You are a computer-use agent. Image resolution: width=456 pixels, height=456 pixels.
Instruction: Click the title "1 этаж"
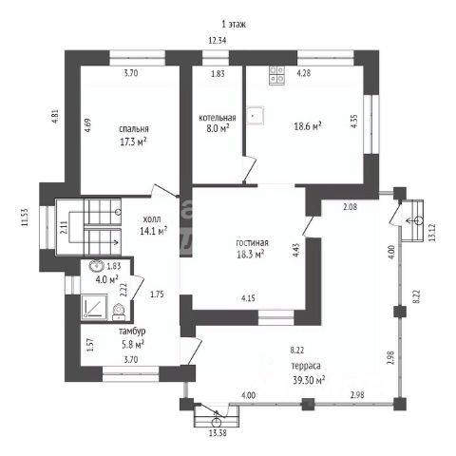pyautogui.click(x=234, y=24)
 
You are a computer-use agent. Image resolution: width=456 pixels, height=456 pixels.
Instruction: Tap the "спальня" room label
pyautogui.click(x=134, y=129)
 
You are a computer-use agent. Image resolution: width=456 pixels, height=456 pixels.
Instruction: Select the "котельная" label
pyautogui.click(x=218, y=118)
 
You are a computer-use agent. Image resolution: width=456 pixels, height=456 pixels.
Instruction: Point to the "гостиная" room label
pyautogui.click(x=253, y=243)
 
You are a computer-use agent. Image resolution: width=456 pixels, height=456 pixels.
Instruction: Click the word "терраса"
pyautogui.click(x=306, y=366)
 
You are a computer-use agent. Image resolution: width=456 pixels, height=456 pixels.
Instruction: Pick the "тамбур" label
pyautogui.click(x=132, y=332)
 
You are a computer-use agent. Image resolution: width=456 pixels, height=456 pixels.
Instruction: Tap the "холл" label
pyautogui.click(x=152, y=218)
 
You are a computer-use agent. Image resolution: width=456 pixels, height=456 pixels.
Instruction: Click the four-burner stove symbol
pyautogui.click(x=276, y=75)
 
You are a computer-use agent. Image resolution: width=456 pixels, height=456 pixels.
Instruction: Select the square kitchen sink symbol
pyautogui.click(x=255, y=115)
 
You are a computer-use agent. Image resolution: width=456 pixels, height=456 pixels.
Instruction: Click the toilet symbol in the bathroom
pyautogui.click(x=120, y=312)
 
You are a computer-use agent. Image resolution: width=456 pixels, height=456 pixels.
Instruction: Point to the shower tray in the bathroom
pyautogui.click(x=94, y=307)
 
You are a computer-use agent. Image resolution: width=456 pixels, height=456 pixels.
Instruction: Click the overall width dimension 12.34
pyautogui.click(x=218, y=41)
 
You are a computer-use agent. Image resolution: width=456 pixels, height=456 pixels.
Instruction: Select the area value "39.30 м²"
pyautogui.click(x=309, y=380)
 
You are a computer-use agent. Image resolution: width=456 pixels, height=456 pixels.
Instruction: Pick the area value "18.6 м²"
pyautogui.click(x=308, y=126)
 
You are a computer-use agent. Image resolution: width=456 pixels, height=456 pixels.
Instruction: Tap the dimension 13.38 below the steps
pyautogui.click(x=218, y=433)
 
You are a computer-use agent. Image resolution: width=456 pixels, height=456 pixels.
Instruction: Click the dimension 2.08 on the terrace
pyautogui.click(x=350, y=207)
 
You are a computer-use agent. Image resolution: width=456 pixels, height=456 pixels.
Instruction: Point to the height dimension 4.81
pyautogui.click(x=55, y=116)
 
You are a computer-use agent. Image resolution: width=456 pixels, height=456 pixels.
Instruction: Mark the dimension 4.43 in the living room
pyautogui.click(x=296, y=250)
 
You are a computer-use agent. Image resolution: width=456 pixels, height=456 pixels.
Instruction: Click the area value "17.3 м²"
pyautogui.click(x=133, y=142)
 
